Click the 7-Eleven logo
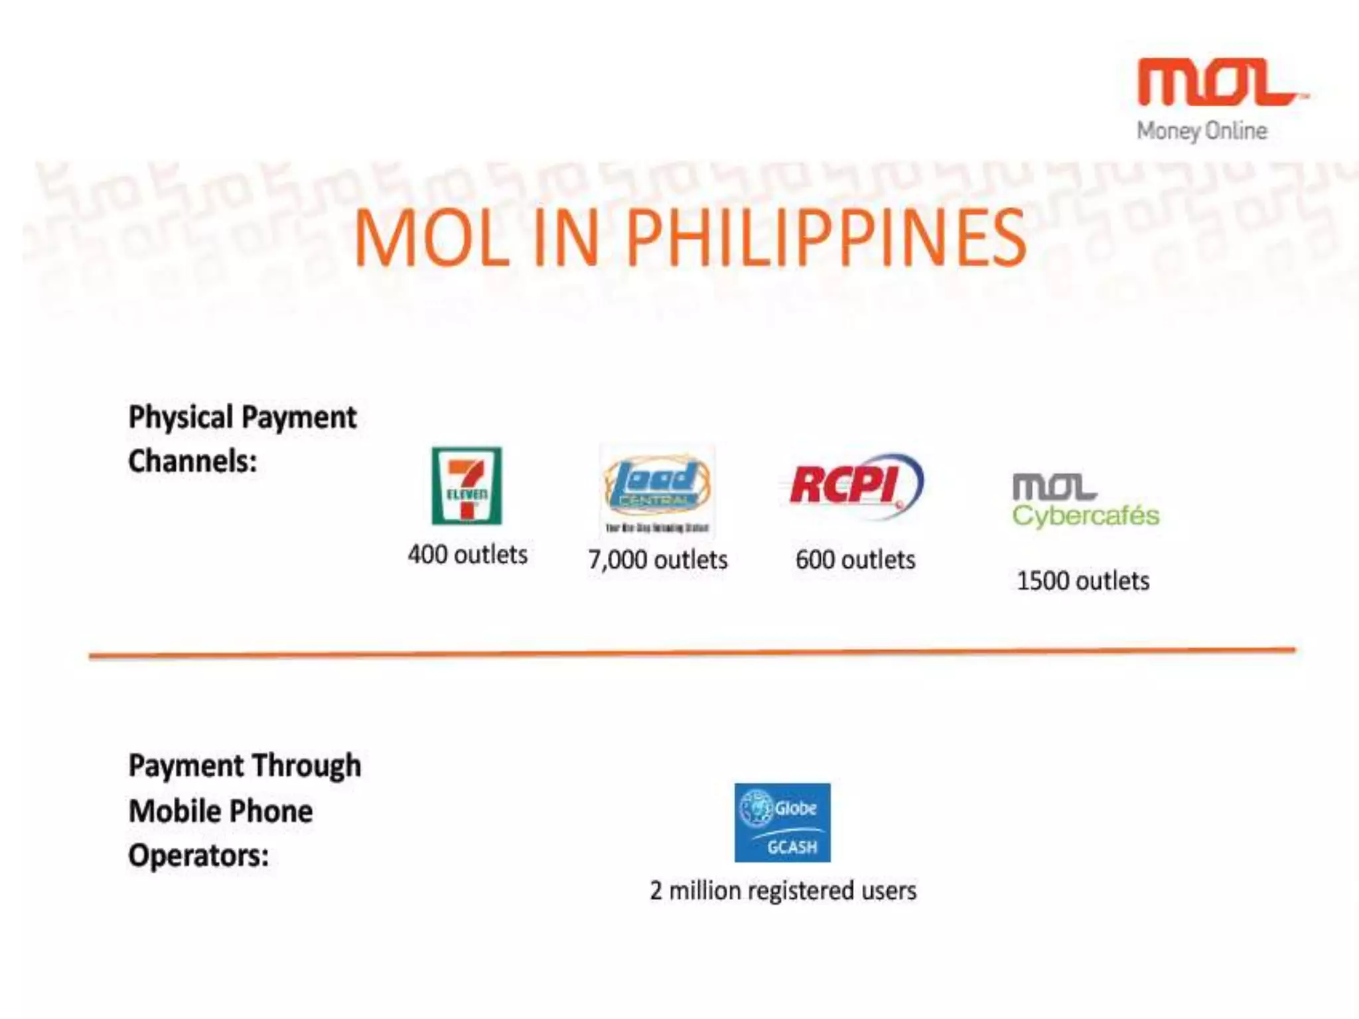(x=466, y=486)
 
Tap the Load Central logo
(x=657, y=490)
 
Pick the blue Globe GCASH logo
(x=782, y=823)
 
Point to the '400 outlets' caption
(x=467, y=555)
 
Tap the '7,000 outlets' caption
(x=658, y=560)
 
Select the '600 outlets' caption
(x=855, y=560)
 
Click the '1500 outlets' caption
(x=1083, y=581)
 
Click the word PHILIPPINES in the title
(x=826, y=238)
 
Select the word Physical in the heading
(x=180, y=418)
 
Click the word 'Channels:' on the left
(x=192, y=461)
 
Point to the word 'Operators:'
(x=198, y=855)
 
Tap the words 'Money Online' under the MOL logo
(x=1202, y=131)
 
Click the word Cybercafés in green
(x=1086, y=516)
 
